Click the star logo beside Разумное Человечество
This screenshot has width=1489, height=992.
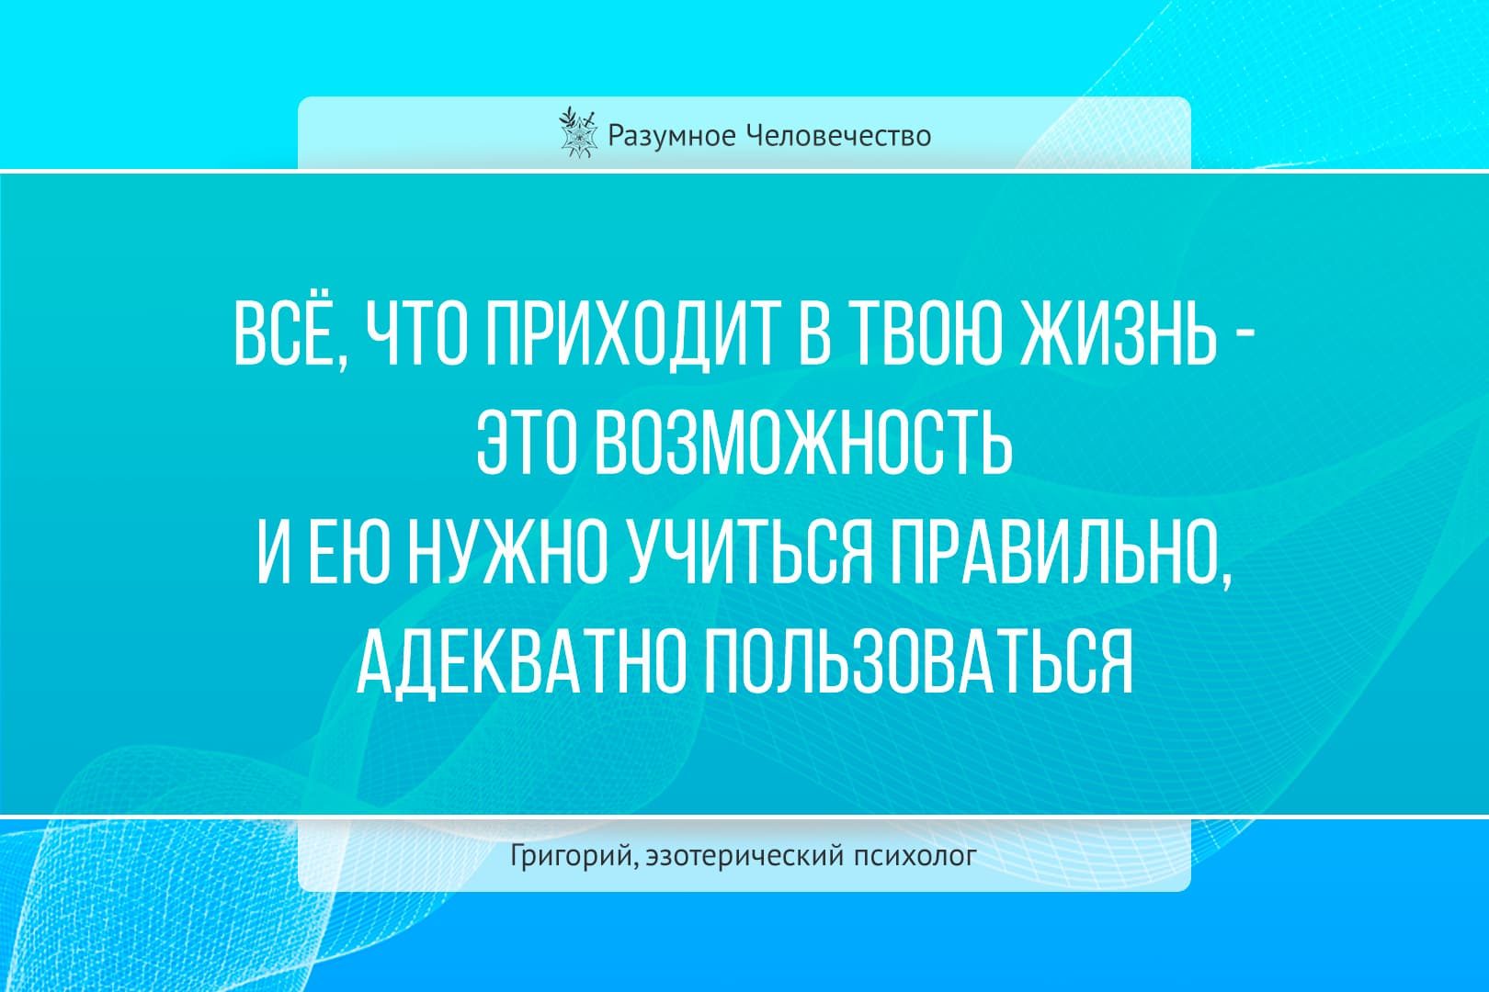(575, 132)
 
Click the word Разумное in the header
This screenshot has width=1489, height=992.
(671, 137)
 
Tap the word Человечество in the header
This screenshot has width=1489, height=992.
(837, 136)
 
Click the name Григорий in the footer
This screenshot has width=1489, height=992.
(571, 856)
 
